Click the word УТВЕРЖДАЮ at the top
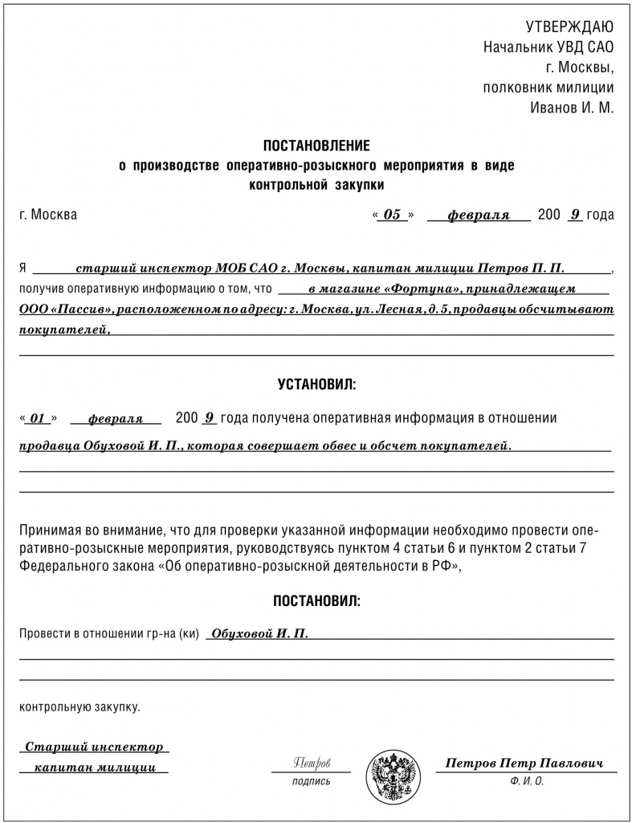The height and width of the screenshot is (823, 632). tap(569, 27)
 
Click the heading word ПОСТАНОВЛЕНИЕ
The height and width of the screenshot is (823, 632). tap(316, 145)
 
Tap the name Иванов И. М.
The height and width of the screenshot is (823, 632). tap(572, 108)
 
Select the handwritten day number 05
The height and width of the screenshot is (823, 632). tap(392, 215)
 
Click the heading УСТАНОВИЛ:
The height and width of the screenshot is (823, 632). tap(316, 385)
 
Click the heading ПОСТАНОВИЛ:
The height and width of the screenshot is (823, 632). tap(316, 600)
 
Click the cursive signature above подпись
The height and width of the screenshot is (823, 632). tap(312, 761)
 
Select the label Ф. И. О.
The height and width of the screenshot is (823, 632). tap(526, 781)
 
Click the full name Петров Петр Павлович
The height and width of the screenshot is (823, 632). tap(525, 762)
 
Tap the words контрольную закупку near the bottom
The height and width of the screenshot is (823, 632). tap(79, 707)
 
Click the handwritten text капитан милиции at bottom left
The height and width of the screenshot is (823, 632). tap(95, 768)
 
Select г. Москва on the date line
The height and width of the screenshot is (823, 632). tap(48, 215)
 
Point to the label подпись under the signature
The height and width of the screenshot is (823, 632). tap(312, 781)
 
